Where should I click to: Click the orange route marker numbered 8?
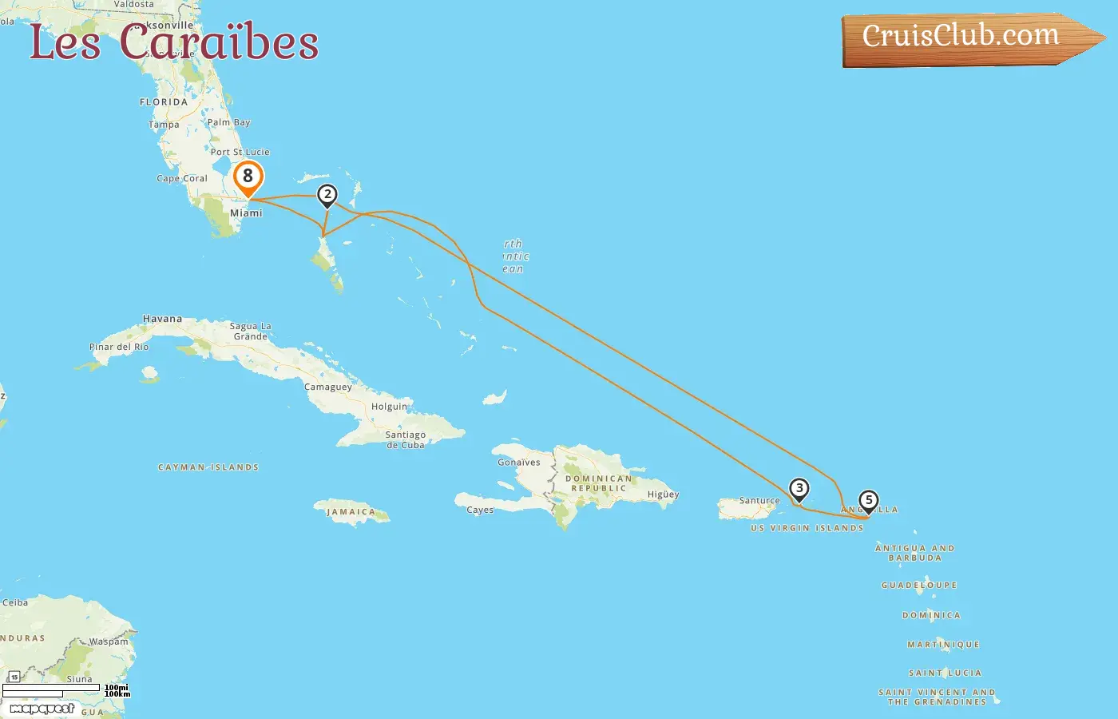point(248,177)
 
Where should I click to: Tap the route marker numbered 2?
point(327,194)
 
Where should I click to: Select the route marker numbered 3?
point(799,488)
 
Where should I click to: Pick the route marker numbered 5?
point(868,500)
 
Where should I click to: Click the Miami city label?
point(246,213)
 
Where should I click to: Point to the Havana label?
point(162,319)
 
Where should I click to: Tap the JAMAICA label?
point(351,512)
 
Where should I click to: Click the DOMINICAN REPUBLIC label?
point(599,483)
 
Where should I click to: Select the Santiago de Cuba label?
point(406,440)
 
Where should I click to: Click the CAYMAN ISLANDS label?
point(208,467)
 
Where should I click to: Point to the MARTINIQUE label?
point(943,645)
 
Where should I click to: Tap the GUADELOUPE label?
point(919,586)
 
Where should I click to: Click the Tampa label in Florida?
point(164,125)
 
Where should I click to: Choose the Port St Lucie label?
point(240,152)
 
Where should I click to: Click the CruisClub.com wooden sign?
point(962,37)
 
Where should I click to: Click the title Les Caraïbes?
point(173,42)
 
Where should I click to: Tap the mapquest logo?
point(42,709)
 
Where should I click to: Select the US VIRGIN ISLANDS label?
point(807,528)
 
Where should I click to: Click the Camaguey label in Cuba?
point(327,387)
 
